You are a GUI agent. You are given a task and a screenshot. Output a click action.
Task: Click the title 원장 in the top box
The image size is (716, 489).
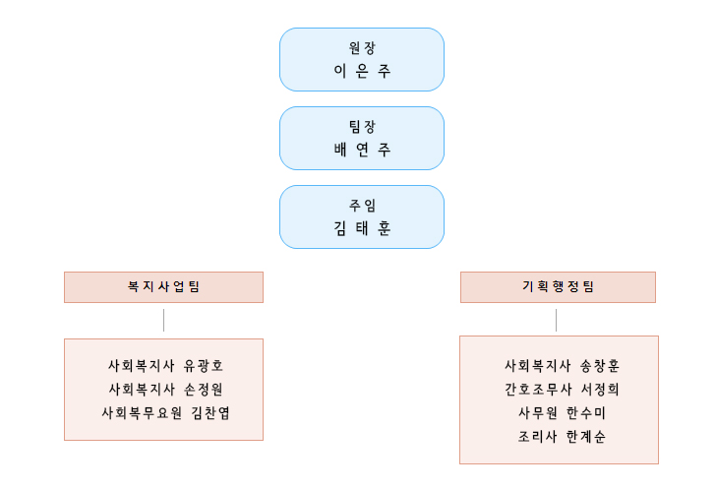362,47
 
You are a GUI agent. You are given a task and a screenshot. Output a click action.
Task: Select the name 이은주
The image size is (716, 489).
362,71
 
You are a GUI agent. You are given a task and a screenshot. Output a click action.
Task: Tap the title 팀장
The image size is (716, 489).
362,127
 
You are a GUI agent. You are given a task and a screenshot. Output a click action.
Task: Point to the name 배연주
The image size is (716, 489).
362,150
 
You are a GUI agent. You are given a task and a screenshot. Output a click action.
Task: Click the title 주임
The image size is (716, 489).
362,206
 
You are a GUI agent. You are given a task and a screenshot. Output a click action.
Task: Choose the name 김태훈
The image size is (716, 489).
362,228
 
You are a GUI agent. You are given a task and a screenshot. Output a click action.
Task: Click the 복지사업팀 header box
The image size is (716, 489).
163,287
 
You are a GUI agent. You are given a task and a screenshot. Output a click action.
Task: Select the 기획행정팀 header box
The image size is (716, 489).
558,287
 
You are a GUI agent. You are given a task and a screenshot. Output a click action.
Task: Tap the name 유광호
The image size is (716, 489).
204,366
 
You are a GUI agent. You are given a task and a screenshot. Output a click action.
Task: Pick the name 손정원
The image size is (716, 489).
204,390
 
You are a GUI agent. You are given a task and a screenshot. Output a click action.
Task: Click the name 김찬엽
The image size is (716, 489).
210,413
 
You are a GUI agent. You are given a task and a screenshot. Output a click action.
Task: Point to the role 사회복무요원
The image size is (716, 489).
142,413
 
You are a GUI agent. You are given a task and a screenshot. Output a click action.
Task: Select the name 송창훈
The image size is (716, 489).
600,366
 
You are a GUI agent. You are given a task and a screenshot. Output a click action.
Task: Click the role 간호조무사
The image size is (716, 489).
538,390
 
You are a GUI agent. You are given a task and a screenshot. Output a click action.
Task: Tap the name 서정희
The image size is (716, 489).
600,390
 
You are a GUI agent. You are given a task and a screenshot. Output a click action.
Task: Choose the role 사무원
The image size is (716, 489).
537,413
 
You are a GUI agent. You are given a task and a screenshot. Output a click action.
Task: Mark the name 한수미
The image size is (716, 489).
586,413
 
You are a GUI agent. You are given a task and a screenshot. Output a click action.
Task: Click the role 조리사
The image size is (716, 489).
537,437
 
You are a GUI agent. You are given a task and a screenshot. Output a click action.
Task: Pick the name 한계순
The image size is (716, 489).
586,437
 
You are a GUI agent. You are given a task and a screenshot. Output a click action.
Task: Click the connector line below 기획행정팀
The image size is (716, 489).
557,320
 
